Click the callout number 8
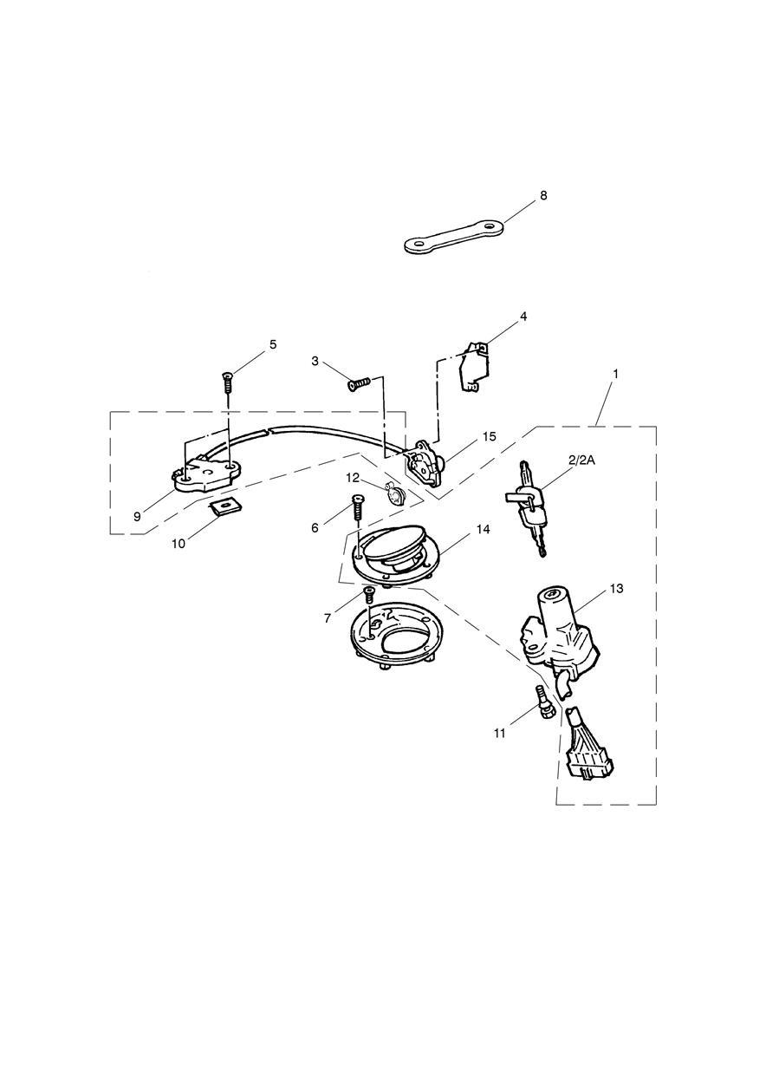543,196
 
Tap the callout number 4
523,317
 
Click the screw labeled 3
359,385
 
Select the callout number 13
617,589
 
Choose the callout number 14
483,529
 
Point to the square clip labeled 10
225,506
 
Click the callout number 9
137,516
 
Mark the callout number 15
489,436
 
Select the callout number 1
615,374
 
